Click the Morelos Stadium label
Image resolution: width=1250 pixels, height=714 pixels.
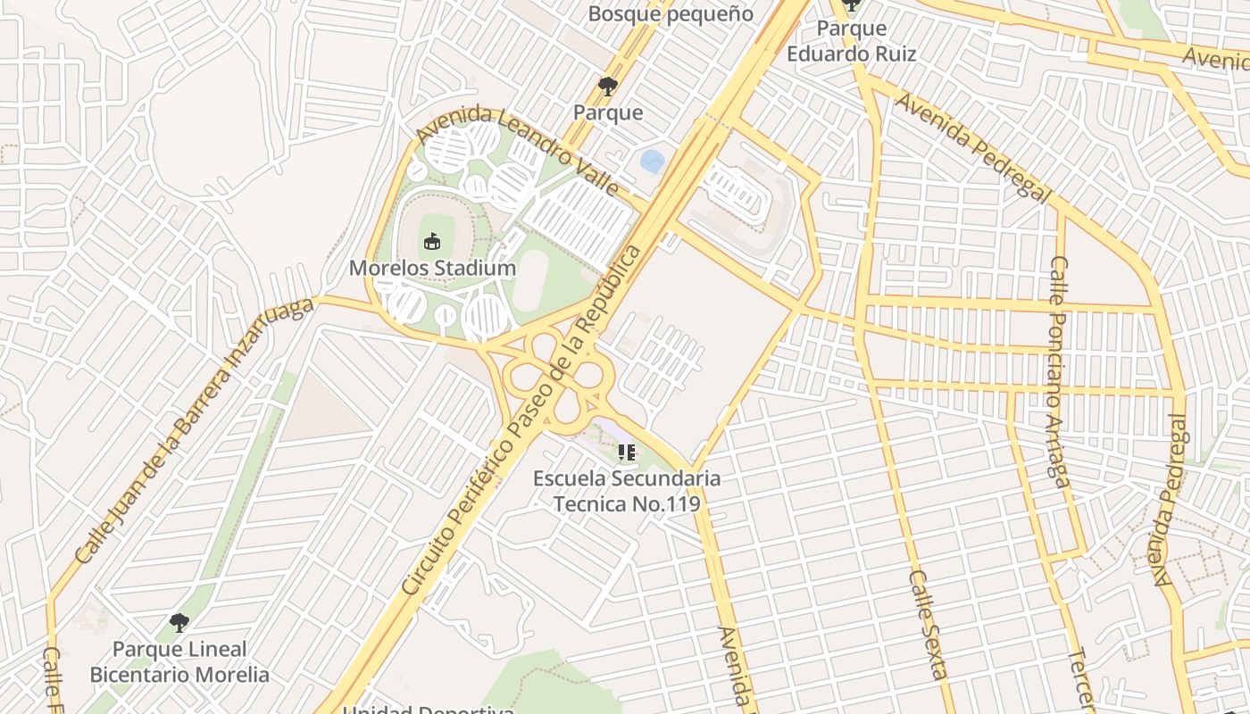432,268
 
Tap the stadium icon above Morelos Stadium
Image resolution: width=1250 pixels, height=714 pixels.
432,241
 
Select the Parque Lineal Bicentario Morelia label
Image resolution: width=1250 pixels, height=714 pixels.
179,661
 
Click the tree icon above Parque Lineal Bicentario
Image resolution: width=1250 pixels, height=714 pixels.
179,622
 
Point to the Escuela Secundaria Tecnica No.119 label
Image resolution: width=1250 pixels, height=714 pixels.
626,490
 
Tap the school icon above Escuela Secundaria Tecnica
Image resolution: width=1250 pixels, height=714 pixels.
626,452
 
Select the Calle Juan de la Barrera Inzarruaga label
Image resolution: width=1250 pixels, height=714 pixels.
195,431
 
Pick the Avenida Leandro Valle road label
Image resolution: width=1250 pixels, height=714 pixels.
518,152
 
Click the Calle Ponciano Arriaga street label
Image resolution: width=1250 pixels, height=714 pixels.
1059,370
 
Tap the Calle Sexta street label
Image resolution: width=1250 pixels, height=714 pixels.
927,625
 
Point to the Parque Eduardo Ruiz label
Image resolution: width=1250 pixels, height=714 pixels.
851,41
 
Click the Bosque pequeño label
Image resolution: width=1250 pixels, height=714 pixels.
671,14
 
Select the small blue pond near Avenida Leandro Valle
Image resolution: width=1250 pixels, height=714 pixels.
653,162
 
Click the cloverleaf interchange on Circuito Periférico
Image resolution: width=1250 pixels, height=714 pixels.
559,374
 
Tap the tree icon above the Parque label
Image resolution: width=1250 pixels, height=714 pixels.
608,87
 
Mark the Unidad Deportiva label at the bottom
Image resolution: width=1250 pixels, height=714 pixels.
429,710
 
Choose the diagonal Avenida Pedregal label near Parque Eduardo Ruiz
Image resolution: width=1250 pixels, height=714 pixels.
973,148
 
